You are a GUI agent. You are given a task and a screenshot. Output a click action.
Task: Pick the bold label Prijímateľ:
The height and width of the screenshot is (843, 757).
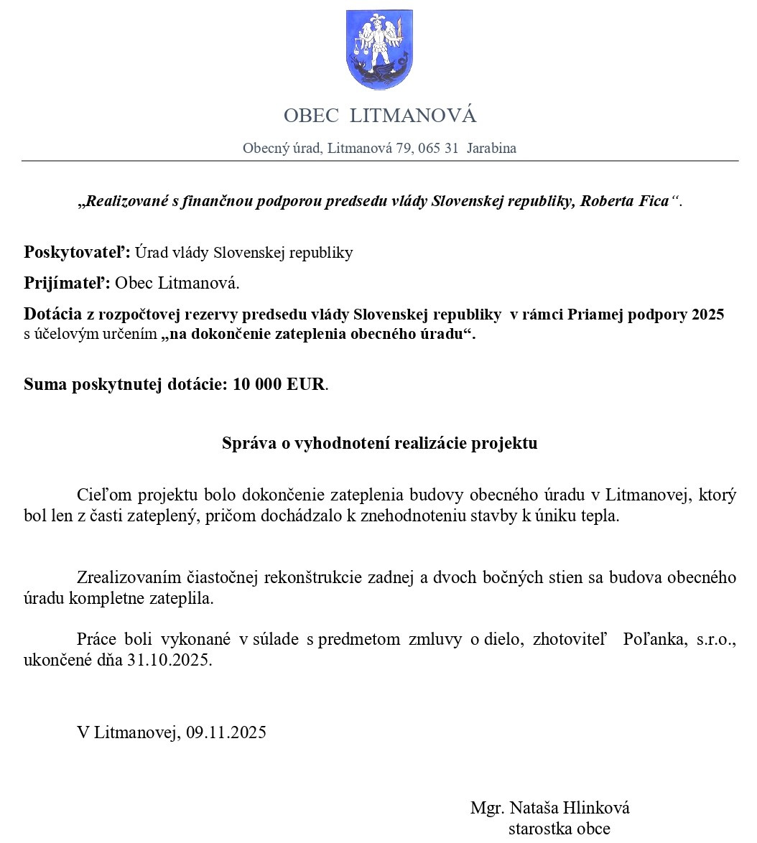68,283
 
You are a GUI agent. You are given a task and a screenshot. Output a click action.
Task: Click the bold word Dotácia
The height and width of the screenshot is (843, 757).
53,315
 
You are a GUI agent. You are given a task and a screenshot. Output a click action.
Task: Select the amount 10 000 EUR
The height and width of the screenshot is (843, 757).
279,384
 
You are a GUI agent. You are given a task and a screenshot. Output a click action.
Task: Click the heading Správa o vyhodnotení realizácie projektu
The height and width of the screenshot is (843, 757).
379,443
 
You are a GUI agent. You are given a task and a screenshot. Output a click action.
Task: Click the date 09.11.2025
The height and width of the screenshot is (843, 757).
226,732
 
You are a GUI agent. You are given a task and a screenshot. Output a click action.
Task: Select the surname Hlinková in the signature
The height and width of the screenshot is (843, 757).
596,808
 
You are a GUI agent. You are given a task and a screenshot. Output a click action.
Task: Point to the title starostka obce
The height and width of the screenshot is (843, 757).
559,829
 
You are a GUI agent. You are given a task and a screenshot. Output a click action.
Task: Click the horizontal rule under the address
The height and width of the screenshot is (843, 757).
379,161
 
